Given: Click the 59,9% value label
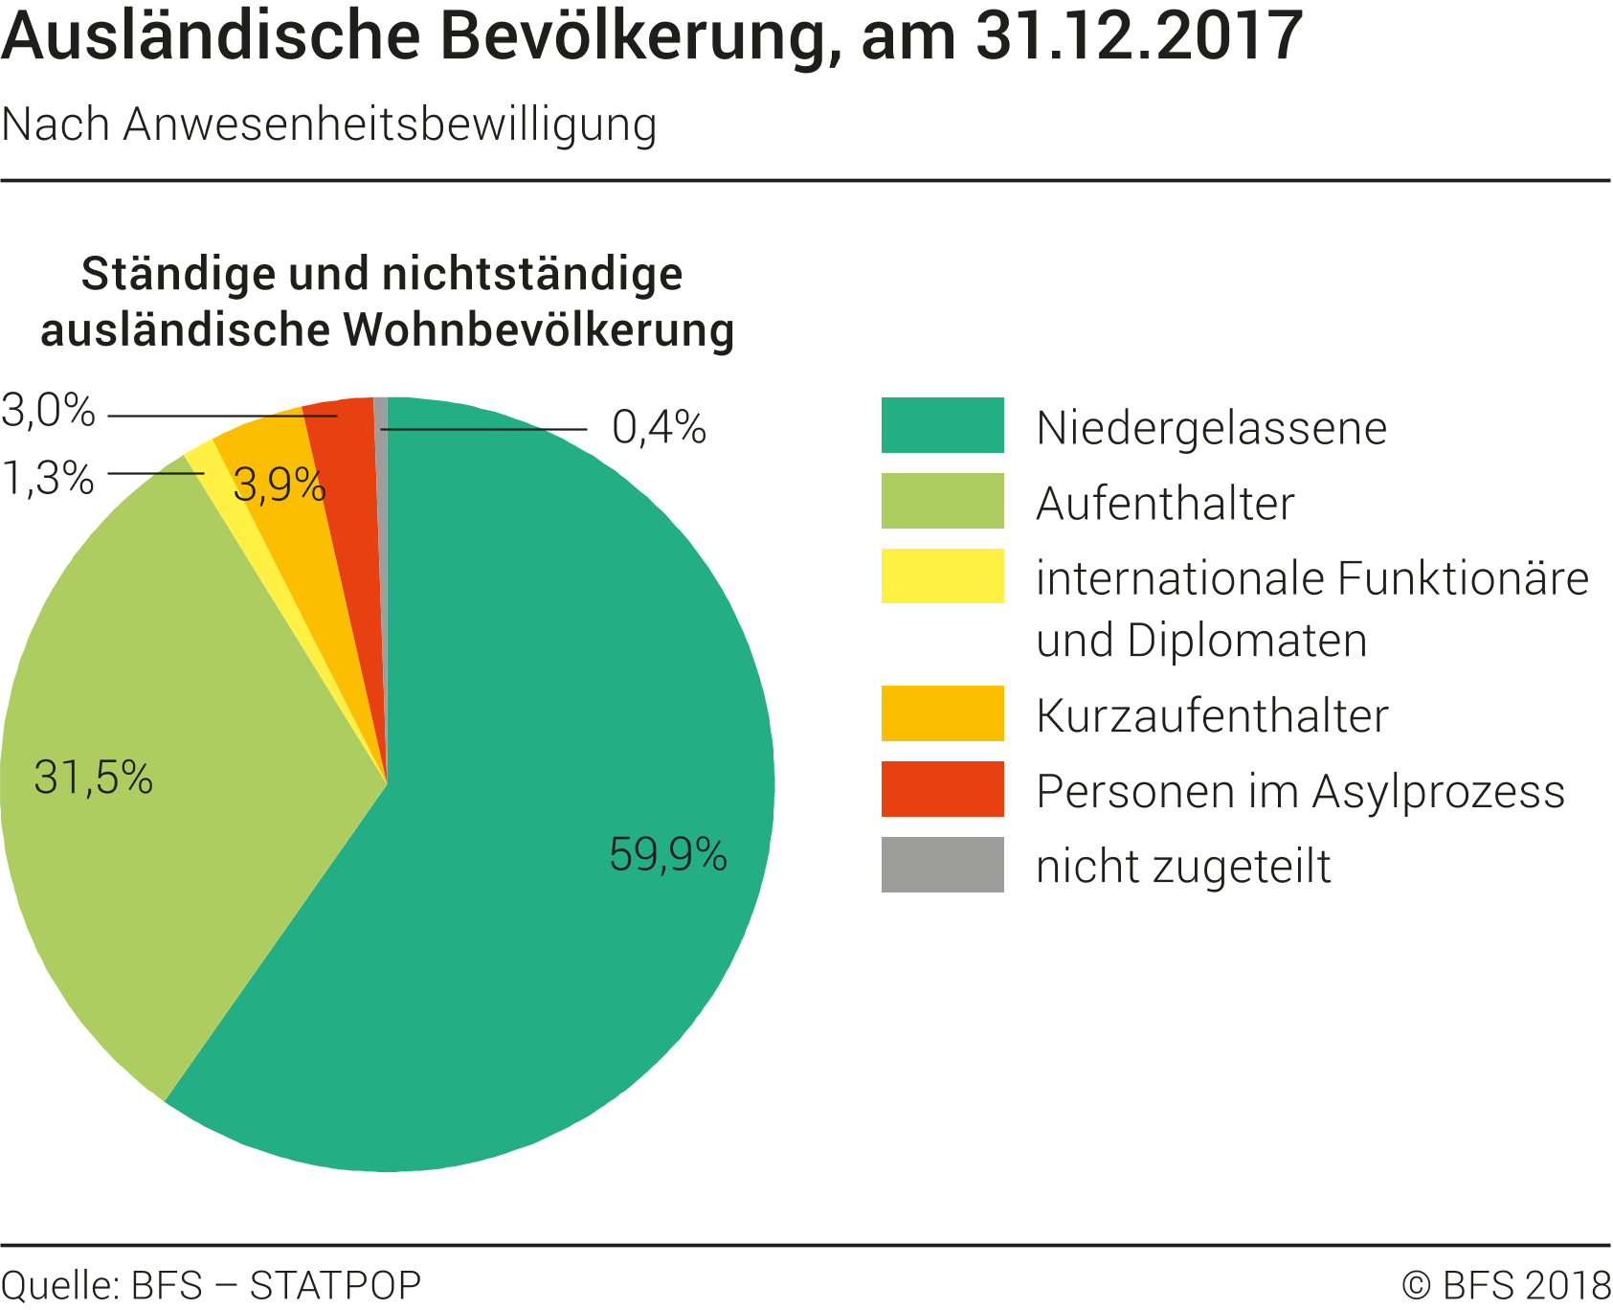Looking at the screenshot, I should coord(668,854).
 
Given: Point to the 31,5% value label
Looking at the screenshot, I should coord(93,778).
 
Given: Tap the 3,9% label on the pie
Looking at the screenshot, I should coord(280,486).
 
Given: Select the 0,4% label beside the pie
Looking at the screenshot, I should coord(659,428).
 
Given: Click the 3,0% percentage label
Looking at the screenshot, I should coord(48,412).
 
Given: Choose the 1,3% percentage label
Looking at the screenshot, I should coord(48,478).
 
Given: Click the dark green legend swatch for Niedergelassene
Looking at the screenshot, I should coord(942,425).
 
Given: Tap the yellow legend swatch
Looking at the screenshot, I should coord(942,576).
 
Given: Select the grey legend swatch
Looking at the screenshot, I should coord(942,865).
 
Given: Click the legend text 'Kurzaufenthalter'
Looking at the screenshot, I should coord(1211,715).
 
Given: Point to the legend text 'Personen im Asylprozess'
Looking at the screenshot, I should coord(1300,791).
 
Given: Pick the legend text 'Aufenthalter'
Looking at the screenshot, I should coord(1165,504).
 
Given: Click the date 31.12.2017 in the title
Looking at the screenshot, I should coord(1138,36).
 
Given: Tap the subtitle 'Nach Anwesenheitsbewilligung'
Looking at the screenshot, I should coord(329,124).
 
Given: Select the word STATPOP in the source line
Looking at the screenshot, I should coord(335,1285).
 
